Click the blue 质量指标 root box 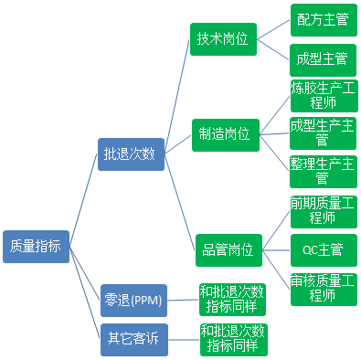(x=36, y=245)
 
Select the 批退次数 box (x=130, y=154)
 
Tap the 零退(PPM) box (x=133, y=298)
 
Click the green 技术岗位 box (x=223, y=39)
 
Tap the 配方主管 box (x=322, y=19)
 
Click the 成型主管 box (x=322, y=59)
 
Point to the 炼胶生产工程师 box (x=322, y=96)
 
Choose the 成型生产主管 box (x=322, y=132)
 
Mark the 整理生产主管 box (x=322, y=171)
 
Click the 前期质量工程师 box (x=322, y=210)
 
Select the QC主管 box (x=322, y=249)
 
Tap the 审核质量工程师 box (x=322, y=288)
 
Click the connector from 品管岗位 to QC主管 (x=274, y=248)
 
